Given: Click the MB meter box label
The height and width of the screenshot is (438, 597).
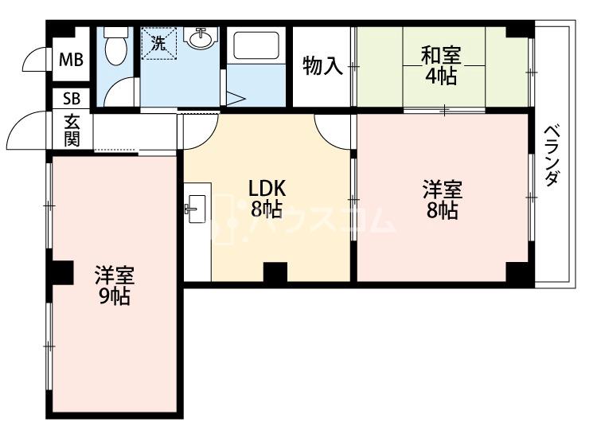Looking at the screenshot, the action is click(x=71, y=60).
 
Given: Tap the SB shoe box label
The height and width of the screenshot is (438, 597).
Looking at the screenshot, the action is click(x=72, y=99).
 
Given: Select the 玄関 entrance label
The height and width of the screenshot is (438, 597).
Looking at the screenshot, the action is click(x=72, y=131).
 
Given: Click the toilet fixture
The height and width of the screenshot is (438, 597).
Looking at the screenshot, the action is click(x=115, y=45).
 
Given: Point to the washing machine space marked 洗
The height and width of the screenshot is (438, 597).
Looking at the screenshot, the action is click(x=158, y=43).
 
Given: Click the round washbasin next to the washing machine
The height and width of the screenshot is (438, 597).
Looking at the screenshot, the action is click(x=200, y=37).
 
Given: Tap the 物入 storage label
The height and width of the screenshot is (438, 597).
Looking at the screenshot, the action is click(x=322, y=66).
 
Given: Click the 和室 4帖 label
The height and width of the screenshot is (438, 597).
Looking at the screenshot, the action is click(x=441, y=65).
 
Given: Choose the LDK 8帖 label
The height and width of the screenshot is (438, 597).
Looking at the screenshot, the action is click(x=267, y=198).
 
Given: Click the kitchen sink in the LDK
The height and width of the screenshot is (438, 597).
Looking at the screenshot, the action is click(x=196, y=209).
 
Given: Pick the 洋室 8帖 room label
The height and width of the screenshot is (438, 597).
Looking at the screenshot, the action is click(x=443, y=200).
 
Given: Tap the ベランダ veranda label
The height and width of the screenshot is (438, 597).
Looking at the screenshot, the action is click(x=552, y=155).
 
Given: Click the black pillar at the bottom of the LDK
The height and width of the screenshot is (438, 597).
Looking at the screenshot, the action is click(x=275, y=272).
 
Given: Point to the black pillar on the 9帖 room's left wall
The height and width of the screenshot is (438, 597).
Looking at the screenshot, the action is click(x=61, y=272).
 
